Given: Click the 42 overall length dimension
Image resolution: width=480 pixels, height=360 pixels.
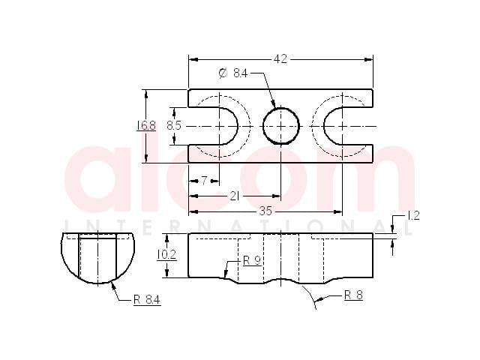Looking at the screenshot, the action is click(x=280, y=58).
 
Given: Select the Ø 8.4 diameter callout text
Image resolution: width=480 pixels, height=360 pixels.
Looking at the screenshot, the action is click(x=233, y=73).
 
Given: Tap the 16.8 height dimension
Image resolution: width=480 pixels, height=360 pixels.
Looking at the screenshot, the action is click(x=146, y=125).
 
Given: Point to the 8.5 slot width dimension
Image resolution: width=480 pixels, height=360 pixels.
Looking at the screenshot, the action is click(x=174, y=125).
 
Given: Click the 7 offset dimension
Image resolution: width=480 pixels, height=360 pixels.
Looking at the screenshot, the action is click(x=204, y=181).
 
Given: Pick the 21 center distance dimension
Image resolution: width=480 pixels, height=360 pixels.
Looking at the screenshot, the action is click(x=235, y=196).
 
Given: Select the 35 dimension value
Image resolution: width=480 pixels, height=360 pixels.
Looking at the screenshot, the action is click(x=265, y=211).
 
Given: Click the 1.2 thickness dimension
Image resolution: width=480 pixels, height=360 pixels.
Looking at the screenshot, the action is click(x=412, y=216).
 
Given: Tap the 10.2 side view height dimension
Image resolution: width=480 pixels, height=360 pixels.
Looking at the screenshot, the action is click(x=166, y=255).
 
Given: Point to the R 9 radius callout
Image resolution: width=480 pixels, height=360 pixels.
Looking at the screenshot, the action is click(x=252, y=261).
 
